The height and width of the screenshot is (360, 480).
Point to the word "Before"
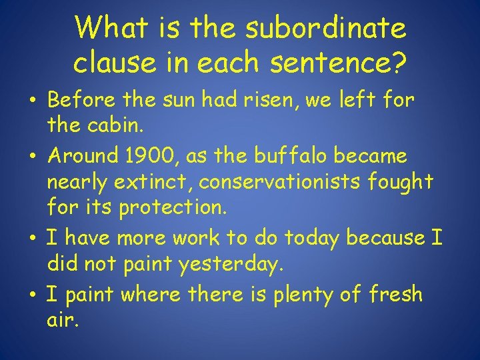coord(79,101)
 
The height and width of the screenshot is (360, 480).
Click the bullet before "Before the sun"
coord(33,102)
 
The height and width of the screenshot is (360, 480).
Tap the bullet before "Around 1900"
coord(33,157)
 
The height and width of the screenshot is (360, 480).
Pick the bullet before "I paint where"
coord(33,293)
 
